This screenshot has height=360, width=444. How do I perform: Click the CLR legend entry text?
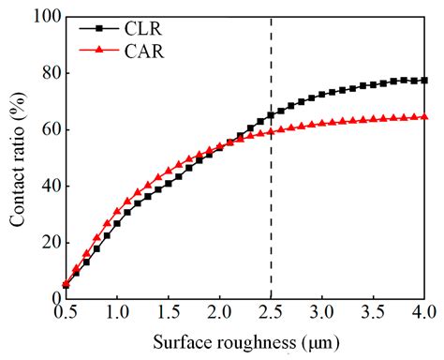[141, 30]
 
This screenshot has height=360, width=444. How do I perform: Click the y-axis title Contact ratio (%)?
[17, 157]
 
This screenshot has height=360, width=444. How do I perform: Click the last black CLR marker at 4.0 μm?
[424, 81]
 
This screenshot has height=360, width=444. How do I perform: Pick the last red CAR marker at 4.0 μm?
[424, 116]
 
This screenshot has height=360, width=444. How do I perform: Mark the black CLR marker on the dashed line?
[271, 115]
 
